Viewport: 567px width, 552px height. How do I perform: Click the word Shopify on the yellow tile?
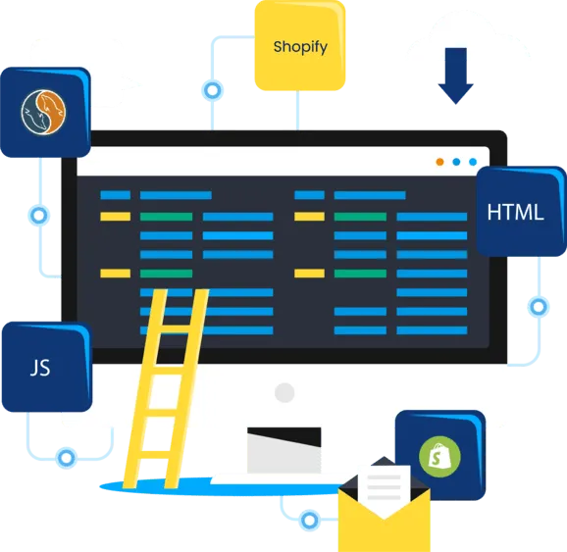pos(300,47)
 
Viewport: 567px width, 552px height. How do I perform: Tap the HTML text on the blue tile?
pos(515,212)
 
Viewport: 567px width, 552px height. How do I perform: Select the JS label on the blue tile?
pos(40,368)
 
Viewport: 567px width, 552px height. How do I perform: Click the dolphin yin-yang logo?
pos(43,112)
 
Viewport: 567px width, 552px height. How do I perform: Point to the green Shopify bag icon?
pos(439,457)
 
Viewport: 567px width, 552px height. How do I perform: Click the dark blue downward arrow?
pos(455,75)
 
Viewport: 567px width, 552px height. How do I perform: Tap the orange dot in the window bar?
pos(439,162)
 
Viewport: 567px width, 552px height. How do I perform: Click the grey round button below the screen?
pos(284,392)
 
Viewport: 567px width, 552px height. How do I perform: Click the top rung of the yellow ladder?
pos(175,329)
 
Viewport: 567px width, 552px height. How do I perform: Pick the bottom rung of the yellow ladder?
pos(155,455)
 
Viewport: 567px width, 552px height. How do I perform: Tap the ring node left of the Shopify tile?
pos(212,90)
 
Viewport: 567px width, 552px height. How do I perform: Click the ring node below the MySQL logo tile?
pos(38,216)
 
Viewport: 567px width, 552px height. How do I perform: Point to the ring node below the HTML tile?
pos(539,307)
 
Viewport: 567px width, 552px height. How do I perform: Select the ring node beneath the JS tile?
pos(66,458)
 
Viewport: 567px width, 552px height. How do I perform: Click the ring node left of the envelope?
pos(309,521)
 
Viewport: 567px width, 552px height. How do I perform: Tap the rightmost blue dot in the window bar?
pos(473,162)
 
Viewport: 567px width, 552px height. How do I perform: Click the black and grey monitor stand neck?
pos(284,450)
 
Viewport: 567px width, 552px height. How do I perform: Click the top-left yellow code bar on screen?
pos(116,217)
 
